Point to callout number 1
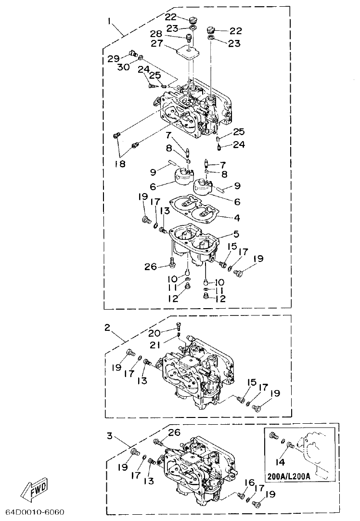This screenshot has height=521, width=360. [x=110, y=22]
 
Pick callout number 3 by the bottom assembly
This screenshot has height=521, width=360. [x=110, y=436]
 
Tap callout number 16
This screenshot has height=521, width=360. [x=248, y=483]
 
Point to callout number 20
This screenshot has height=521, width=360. [x=154, y=333]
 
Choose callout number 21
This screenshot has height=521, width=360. [x=154, y=346]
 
